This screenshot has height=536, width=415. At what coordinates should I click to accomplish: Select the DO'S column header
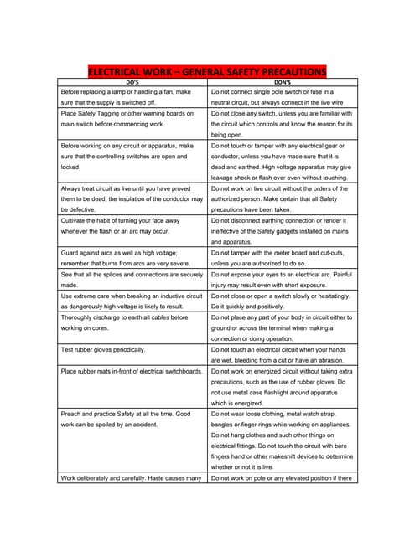(132, 81)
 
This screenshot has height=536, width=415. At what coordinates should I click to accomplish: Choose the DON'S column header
(283, 81)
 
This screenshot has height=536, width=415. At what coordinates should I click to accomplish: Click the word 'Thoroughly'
(80, 317)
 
